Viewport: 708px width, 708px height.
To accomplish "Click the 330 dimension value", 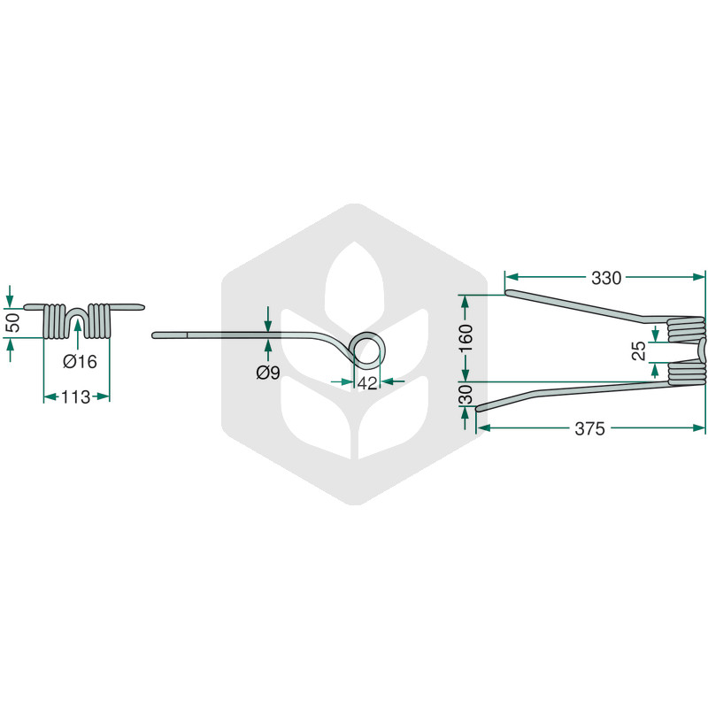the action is (x=606, y=278).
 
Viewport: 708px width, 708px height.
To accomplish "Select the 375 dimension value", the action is (x=589, y=428).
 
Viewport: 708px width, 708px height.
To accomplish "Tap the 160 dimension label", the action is (x=466, y=339).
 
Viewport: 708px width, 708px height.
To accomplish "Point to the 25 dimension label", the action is (x=639, y=350).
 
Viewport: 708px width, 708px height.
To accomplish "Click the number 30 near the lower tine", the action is (x=466, y=394).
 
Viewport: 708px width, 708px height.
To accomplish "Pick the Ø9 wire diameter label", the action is (x=268, y=373).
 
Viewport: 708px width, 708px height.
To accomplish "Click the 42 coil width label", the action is (x=367, y=383).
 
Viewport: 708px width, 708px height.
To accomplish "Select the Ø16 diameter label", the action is (x=80, y=361).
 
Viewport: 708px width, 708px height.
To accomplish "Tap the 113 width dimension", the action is (x=75, y=397).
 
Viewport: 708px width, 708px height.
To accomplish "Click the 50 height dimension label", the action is (x=14, y=323).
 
